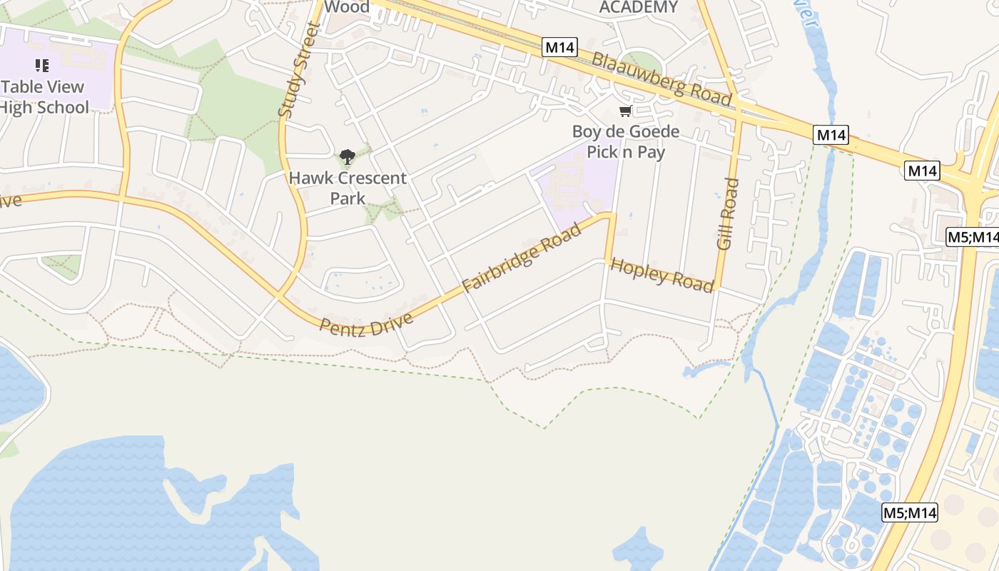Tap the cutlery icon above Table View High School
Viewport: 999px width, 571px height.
(42, 66)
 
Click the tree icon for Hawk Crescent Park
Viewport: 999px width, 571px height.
(348, 157)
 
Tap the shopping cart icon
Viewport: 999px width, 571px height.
(626, 111)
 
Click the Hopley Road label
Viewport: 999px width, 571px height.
(662, 274)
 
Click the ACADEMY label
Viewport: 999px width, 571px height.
(638, 7)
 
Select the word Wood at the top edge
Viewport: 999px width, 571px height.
(347, 7)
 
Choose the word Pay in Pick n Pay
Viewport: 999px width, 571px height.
(651, 152)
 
